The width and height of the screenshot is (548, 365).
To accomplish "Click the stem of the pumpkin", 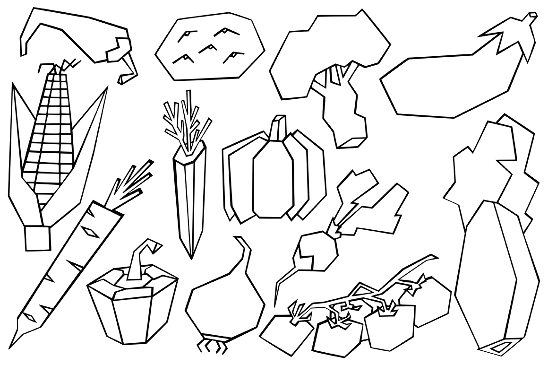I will [279, 128].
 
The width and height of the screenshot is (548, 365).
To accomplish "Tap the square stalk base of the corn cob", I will [37, 239].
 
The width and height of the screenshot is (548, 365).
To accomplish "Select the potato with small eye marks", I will [210, 47].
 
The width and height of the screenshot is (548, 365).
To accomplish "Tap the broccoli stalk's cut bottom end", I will [352, 141].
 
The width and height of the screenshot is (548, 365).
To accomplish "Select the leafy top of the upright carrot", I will [184, 121].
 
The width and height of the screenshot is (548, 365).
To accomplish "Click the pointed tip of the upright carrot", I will [191, 255].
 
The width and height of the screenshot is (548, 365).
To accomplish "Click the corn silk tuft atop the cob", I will [64, 66].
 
